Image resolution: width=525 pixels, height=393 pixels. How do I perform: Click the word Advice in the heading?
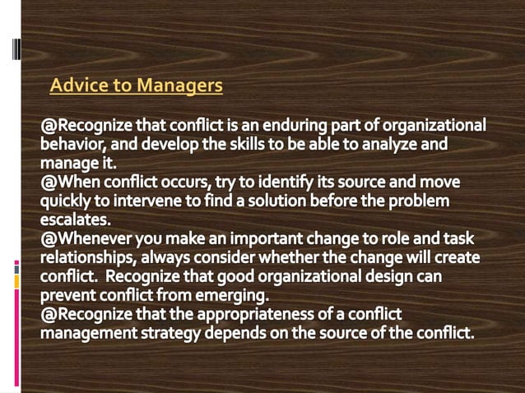[x=77, y=85]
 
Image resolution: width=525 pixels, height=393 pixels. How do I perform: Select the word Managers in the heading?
[x=179, y=85]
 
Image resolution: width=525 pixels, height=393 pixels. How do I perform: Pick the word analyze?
[x=385, y=146]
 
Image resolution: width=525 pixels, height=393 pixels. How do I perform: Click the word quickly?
[x=68, y=201]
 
